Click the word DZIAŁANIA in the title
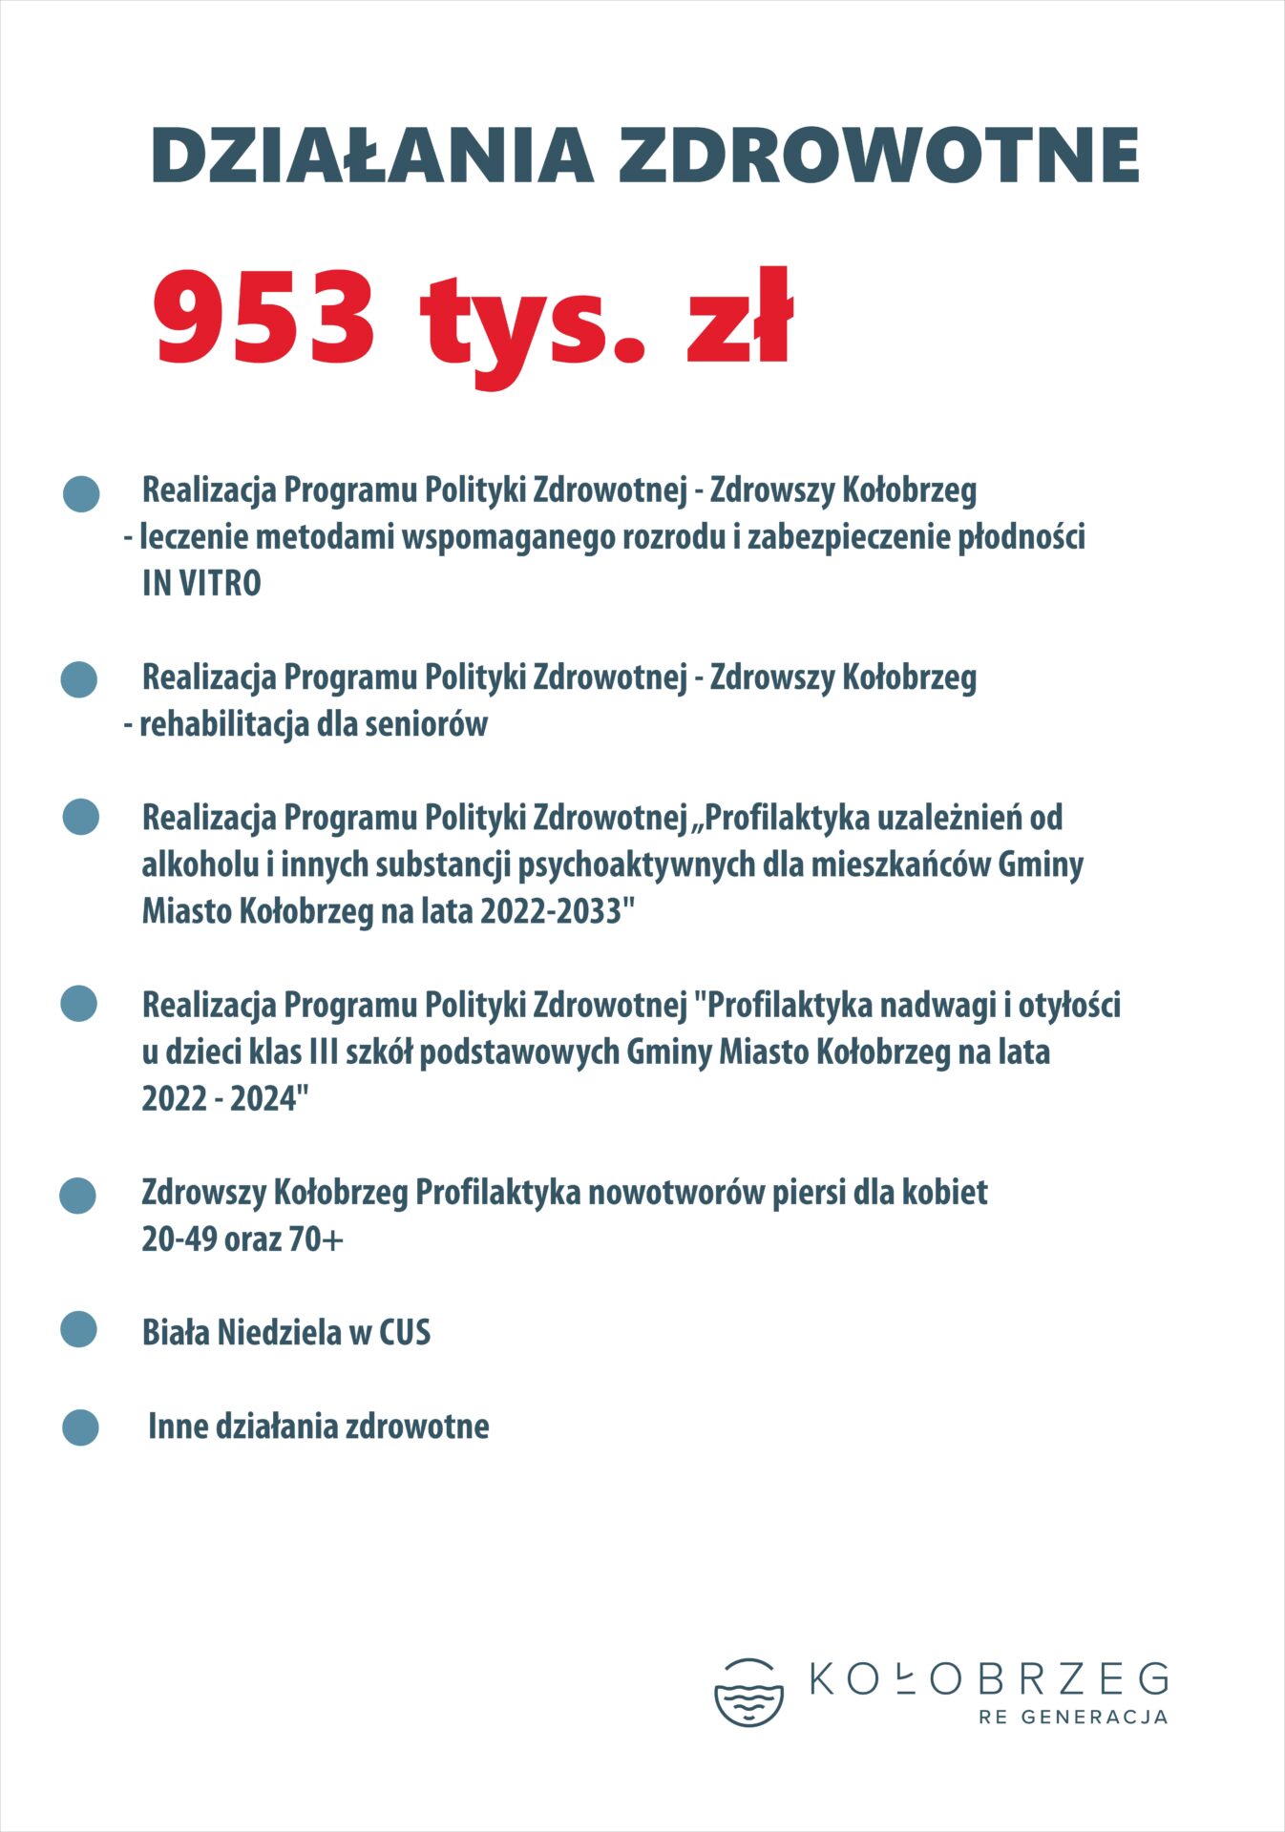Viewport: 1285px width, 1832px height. (x=372, y=156)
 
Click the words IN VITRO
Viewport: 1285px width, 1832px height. (x=201, y=583)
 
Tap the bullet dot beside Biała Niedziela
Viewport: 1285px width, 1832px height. (x=79, y=1329)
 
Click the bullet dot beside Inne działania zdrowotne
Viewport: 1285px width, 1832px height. (x=80, y=1427)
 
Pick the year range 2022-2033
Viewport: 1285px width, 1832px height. (x=551, y=911)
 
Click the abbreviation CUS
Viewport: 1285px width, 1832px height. (x=405, y=1332)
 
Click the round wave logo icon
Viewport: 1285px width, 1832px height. (x=748, y=1693)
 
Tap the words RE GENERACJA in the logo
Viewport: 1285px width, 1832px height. (x=1073, y=1717)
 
